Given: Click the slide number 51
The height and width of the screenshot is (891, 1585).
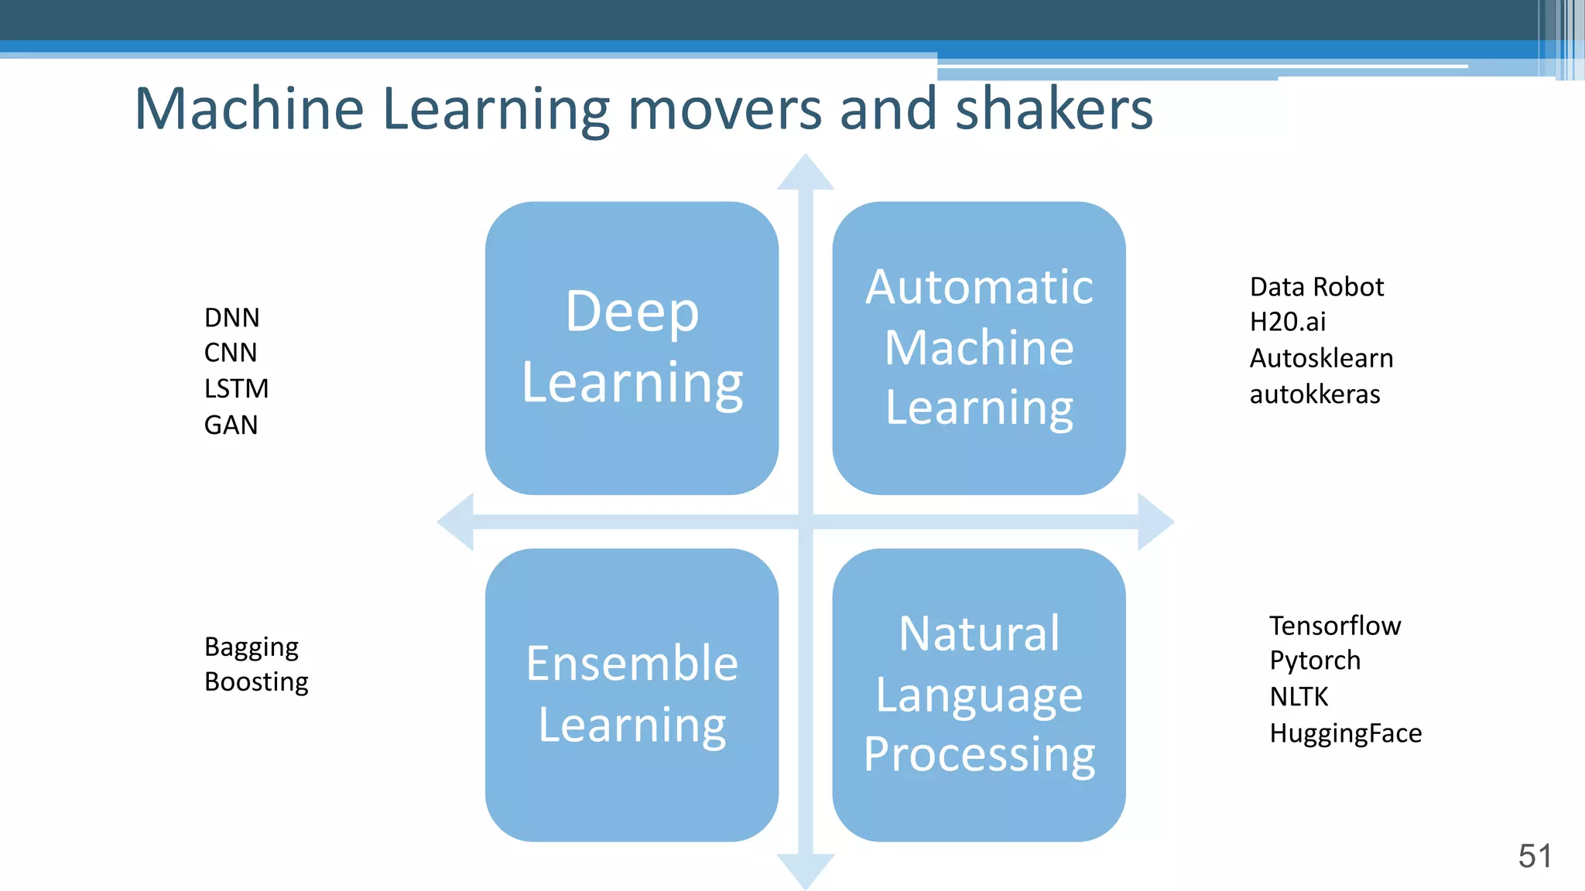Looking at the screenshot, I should (1535, 856).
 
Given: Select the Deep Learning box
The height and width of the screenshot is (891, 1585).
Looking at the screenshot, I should (632, 348).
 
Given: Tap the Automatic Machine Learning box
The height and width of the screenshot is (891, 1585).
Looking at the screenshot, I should (979, 348).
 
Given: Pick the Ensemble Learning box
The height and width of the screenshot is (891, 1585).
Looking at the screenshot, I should (632, 695).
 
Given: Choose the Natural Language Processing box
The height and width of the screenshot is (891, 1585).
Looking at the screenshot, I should (979, 695).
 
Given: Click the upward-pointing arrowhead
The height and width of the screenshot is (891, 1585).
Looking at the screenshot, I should (806, 172).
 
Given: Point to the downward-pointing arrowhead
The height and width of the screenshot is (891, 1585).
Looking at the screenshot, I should (806, 870).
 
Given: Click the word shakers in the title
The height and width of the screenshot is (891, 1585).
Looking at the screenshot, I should (1054, 109).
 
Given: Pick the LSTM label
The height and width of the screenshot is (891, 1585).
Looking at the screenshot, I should (236, 388).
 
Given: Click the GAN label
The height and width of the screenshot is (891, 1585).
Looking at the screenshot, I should (231, 425).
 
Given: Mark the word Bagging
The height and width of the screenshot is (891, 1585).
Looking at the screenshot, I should (251, 647).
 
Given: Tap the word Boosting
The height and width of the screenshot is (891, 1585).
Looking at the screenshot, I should (256, 682).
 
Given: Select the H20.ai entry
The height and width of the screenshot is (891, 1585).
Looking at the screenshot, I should (1287, 322).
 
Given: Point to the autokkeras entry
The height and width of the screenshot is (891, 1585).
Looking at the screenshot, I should (1314, 394).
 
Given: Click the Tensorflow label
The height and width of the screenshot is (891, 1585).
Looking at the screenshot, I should (1334, 625).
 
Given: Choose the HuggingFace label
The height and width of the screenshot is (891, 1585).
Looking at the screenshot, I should (1345, 733).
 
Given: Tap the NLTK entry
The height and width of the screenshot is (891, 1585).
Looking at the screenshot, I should (1298, 697).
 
